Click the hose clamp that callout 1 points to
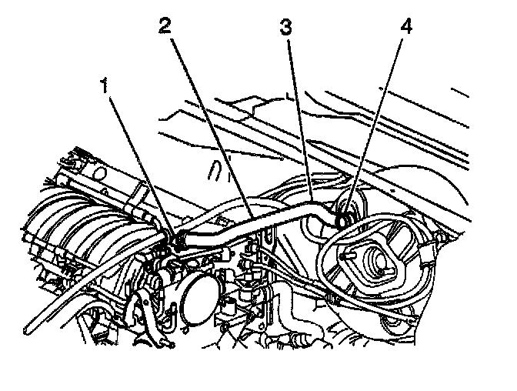[175, 239]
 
